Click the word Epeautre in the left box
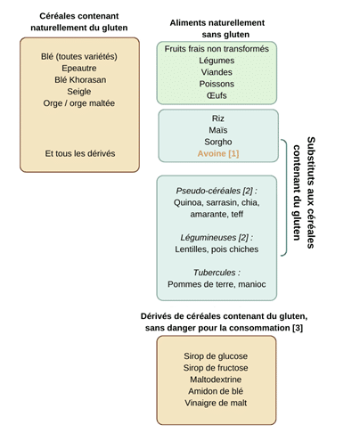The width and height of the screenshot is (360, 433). point(79,69)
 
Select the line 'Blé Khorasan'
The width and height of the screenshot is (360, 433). point(80,80)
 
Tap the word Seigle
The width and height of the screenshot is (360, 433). point(79,92)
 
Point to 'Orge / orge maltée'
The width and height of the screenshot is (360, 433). point(79,103)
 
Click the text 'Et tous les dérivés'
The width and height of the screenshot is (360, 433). point(80,153)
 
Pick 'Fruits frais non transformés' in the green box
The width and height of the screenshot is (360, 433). point(217,49)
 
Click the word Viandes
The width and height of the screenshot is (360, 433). point(217,72)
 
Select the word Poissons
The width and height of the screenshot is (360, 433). point(217,84)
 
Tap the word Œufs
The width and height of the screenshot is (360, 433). point(217,95)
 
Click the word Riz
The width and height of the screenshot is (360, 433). point(218,118)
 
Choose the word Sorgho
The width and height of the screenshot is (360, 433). point(218,142)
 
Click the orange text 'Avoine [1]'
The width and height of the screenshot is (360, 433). point(218,153)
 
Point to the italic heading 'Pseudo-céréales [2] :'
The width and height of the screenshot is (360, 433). point(217,191)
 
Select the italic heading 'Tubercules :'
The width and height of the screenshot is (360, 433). point(217,273)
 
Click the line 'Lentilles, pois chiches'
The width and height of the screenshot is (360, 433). point(217,249)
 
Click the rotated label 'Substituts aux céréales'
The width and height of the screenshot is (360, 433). point(311,192)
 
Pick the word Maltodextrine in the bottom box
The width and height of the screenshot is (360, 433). point(216,380)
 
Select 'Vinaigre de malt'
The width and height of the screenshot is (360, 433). point(216,403)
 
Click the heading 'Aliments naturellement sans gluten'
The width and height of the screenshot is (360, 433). point(217,29)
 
